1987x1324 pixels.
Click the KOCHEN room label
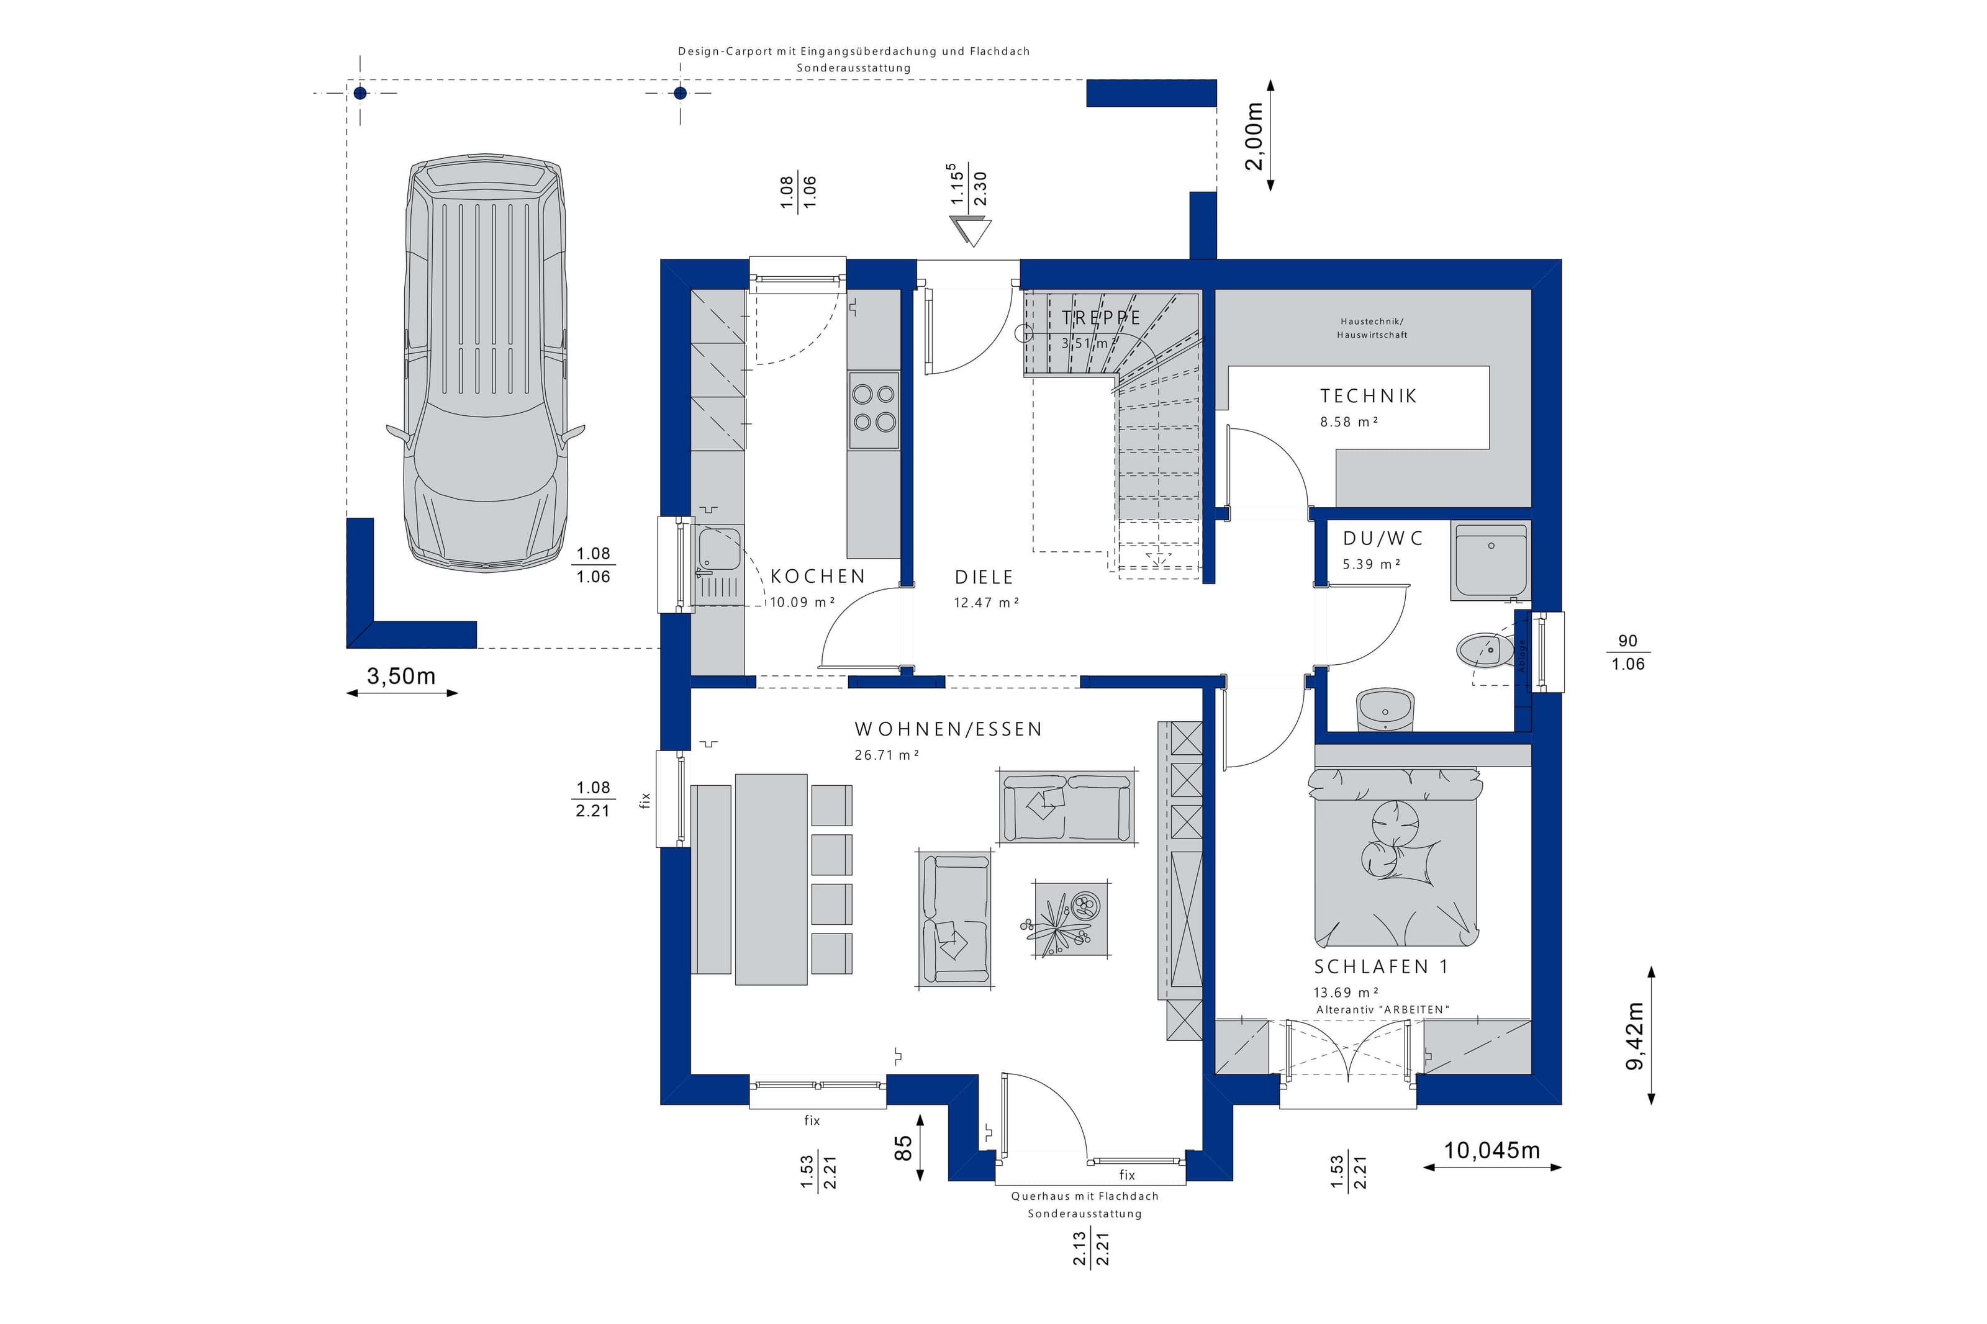click(817, 577)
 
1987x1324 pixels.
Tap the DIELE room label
click(984, 577)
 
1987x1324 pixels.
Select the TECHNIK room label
click(1368, 395)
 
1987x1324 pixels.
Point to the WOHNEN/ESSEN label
click(948, 729)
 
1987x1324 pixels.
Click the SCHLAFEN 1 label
click(1381, 967)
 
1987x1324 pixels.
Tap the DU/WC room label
click(1382, 538)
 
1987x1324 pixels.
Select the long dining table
click(771, 878)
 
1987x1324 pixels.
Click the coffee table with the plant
click(1070, 919)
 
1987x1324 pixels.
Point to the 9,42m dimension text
click(1635, 1036)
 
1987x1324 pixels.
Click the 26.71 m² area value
click(887, 755)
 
